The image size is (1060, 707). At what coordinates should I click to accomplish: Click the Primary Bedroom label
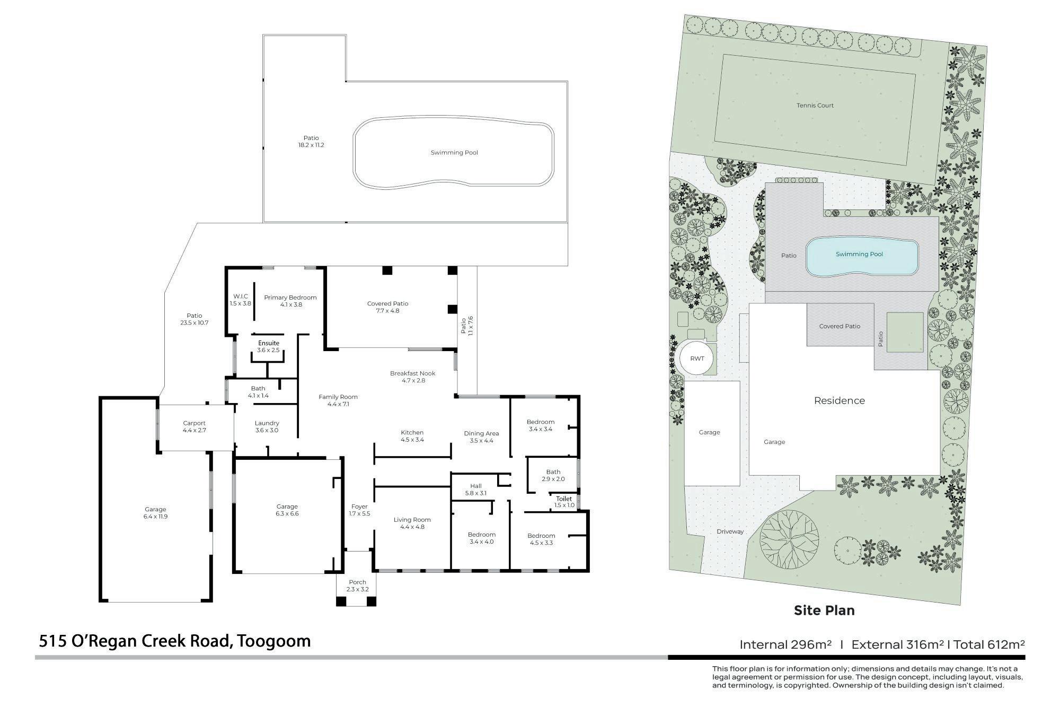click(290, 298)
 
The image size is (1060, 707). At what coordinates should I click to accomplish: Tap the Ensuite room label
click(268, 343)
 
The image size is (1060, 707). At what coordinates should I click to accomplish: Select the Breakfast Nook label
click(412, 373)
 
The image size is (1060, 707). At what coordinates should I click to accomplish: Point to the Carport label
click(194, 423)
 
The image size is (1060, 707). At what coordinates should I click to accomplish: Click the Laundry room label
click(267, 423)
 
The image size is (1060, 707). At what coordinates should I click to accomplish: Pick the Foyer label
click(359, 507)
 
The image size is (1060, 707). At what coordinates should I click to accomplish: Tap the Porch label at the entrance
click(358, 582)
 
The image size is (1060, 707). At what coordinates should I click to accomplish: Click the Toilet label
click(564, 499)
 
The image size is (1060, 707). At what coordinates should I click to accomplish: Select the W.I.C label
click(241, 296)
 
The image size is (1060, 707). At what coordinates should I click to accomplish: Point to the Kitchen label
click(412, 433)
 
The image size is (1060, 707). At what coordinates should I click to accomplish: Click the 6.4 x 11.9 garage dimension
click(155, 516)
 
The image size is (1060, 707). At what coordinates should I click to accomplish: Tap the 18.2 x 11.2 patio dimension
click(311, 145)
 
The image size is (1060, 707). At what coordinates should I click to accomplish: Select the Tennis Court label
click(815, 106)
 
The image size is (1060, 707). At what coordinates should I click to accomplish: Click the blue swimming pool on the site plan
click(862, 256)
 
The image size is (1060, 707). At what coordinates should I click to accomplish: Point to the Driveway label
click(730, 531)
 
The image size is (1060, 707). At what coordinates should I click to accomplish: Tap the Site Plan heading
click(824, 610)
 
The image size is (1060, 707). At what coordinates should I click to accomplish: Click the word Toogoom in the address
click(273, 641)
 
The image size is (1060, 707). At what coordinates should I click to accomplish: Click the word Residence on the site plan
click(840, 401)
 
